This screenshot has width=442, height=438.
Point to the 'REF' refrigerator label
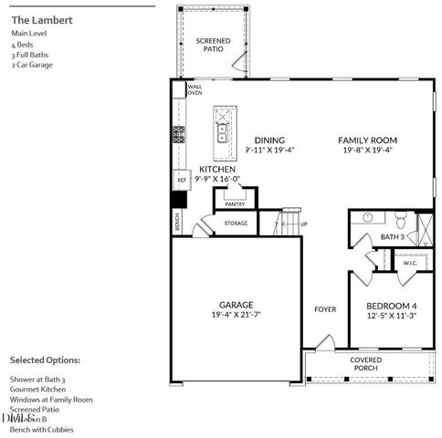182,181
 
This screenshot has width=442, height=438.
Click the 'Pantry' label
235,204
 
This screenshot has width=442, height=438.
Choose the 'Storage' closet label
237,222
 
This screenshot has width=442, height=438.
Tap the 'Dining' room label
269,141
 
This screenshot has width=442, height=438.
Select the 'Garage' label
236,305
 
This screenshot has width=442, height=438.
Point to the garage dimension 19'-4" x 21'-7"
236,316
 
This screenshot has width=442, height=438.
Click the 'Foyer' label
325,309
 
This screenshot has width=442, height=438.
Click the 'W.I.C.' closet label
410,263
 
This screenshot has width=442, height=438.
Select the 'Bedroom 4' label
391,306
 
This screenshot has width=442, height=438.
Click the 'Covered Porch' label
365,364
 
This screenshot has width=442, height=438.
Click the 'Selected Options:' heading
45,360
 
